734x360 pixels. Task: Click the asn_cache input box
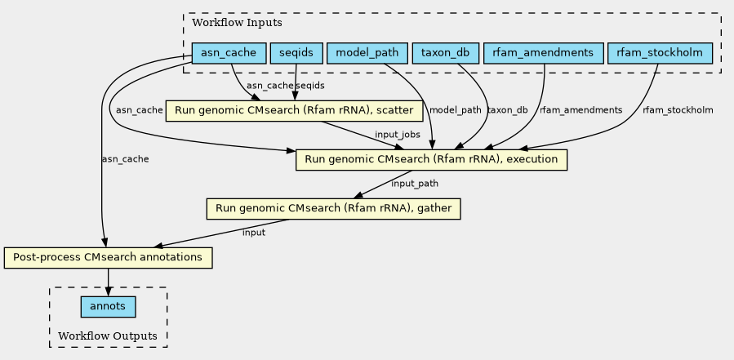(x=229, y=53)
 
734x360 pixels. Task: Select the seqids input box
(x=296, y=53)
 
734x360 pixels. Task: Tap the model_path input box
(x=367, y=53)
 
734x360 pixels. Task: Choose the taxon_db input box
(x=446, y=53)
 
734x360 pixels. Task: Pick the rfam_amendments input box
(x=543, y=53)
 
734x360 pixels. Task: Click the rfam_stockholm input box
(x=660, y=53)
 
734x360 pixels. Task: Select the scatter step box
(x=295, y=111)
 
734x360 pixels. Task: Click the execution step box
(x=431, y=160)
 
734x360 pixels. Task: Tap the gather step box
(x=334, y=208)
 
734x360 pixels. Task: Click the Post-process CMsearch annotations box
(x=108, y=257)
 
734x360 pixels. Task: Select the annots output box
(x=108, y=307)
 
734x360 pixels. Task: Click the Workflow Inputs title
(x=238, y=23)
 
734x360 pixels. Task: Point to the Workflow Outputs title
(x=108, y=336)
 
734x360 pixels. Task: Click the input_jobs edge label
(x=398, y=135)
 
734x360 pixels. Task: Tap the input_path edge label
(x=415, y=184)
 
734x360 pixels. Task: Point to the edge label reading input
(x=254, y=232)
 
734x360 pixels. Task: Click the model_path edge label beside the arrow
(x=455, y=110)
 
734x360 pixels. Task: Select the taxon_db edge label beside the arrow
(x=508, y=110)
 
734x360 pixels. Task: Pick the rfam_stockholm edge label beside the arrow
(x=678, y=110)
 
